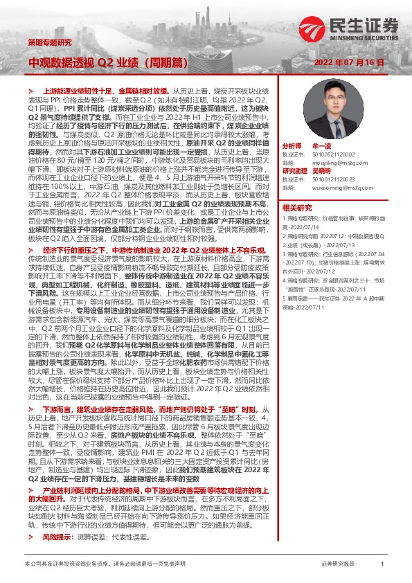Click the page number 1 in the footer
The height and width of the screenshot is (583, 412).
tap(382, 564)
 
